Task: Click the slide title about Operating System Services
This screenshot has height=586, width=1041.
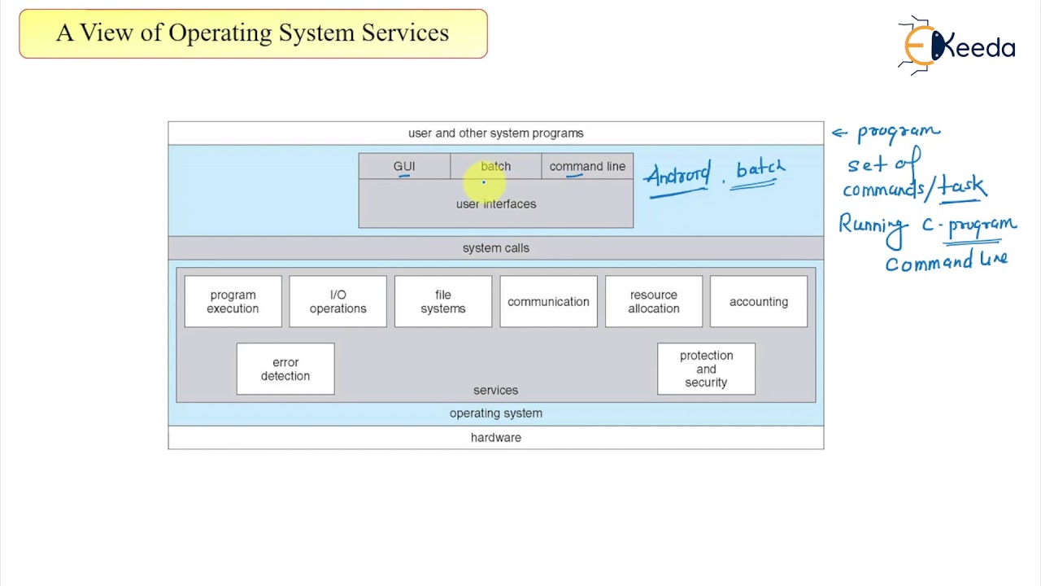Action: (x=252, y=33)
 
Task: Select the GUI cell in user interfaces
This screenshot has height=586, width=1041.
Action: (x=404, y=166)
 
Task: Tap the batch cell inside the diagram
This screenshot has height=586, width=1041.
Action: (x=495, y=166)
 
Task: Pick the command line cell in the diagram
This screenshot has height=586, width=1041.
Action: (x=587, y=166)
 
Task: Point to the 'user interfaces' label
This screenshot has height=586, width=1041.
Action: (x=495, y=204)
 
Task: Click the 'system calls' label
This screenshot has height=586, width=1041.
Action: (x=495, y=248)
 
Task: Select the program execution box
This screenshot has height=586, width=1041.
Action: (x=233, y=302)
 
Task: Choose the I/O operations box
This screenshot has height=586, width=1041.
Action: (x=338, y=302)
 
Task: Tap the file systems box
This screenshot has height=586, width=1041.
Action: (x=443, y=302)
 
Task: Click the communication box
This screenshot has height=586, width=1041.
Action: (x=548, y=302)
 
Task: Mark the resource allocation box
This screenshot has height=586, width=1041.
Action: (x=653, y=302)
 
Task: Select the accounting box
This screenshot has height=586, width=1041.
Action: (x=759, y=302)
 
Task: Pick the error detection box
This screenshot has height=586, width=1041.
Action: (x=285, y=370)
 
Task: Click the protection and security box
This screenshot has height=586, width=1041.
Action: (x=706, y=370)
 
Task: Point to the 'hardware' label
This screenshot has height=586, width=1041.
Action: (x=495, y=438)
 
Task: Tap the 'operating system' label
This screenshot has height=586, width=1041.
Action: (x=495, y=413)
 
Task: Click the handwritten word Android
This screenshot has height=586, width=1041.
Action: (x=677, y=177)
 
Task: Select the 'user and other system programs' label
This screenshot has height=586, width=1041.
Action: (x=495, y=133)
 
